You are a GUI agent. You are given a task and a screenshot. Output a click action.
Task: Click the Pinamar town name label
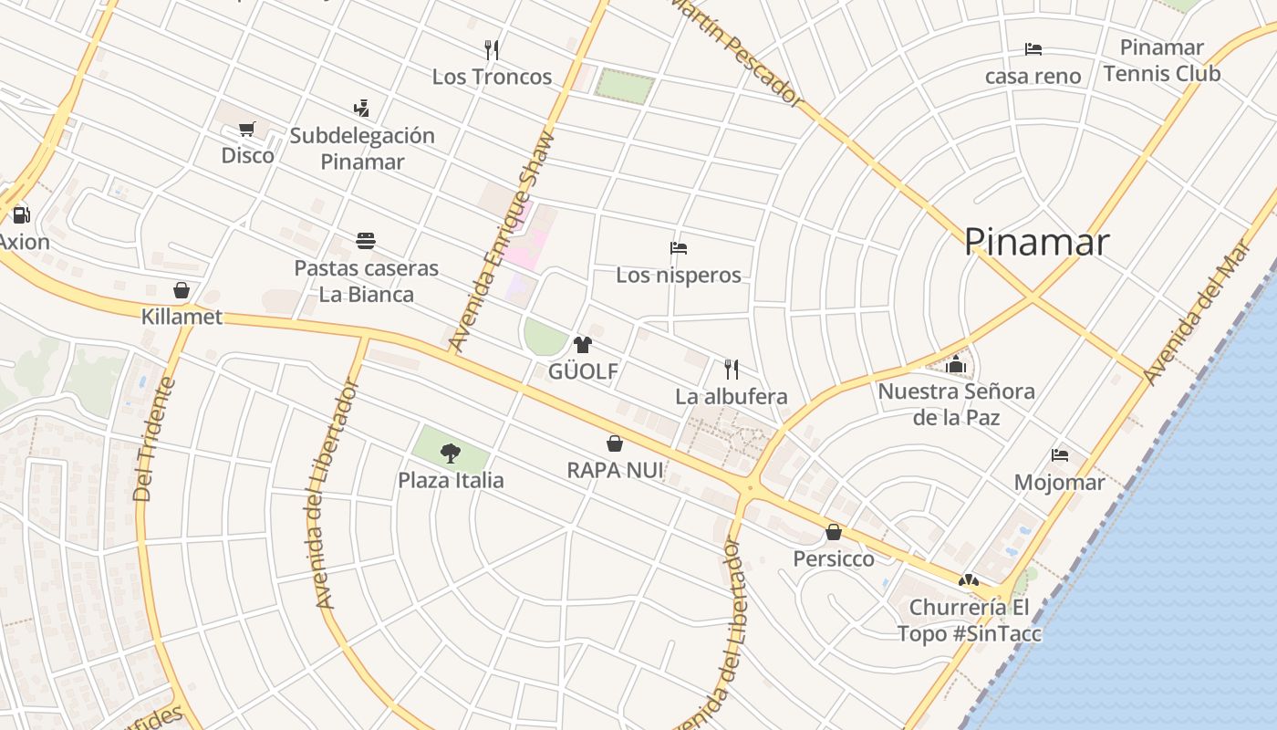[1036, 242]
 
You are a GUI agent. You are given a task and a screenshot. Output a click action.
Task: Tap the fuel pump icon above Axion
[21, 215]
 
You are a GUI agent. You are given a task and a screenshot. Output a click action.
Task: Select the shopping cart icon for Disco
[246, 129]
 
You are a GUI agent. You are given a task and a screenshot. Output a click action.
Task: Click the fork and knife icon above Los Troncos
[492, 49]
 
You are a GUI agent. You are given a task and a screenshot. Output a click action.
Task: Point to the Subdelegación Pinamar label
[362, 149]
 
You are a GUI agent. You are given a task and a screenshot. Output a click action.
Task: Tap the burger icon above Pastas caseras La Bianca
[366, 241]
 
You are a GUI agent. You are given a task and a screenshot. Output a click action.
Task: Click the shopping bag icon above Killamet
[182, 290]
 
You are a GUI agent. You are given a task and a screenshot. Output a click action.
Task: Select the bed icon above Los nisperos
[678, 247]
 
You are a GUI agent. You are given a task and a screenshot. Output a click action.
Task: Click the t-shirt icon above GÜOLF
[582, 344]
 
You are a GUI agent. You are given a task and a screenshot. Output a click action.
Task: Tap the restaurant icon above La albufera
[731, 369]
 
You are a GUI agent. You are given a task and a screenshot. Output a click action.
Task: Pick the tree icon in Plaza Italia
[450, 452]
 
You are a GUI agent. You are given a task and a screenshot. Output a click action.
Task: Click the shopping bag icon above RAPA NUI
[615, 443]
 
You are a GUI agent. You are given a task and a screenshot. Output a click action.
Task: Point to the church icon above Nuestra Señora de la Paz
[956, 364]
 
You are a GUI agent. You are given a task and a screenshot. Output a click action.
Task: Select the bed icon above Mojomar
[1059, 454]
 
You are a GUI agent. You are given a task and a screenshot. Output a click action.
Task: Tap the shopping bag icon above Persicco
[833, 531]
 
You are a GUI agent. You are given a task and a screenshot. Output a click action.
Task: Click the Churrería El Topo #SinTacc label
[969, 620]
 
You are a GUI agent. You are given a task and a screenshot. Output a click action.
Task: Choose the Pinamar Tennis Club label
[1161, 60]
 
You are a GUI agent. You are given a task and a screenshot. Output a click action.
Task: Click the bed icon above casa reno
[1033, 49]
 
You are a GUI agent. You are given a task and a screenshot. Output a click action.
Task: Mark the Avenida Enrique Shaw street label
[504, 243]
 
